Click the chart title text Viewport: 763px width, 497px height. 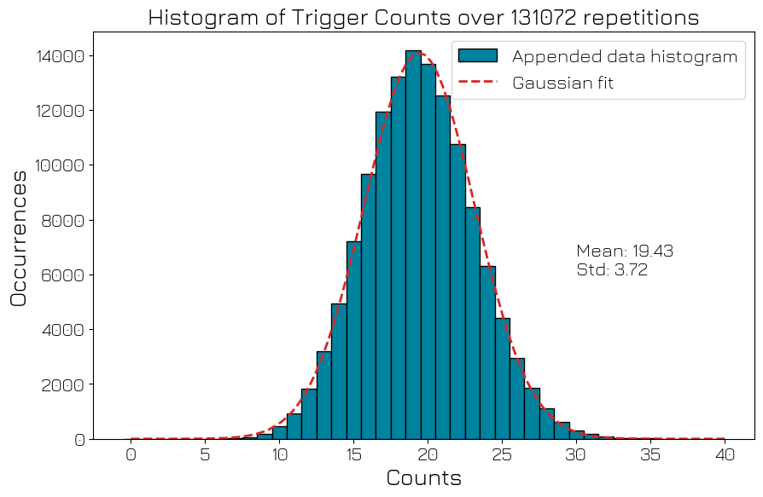pos(423,18)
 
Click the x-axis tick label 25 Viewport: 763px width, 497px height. pos(503,456)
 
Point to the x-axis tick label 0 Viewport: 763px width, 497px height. pos(131,456)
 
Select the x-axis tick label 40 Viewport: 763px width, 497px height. pos(725,456)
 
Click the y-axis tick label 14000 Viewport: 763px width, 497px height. pos(60,56)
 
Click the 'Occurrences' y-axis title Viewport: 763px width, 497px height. pos(19,238)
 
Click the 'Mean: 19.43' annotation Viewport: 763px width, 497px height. pos(625,251)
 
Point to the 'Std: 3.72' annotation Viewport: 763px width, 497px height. pos(612,270)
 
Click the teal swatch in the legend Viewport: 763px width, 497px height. pos(477,56)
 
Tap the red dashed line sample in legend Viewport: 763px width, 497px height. pos(477,83)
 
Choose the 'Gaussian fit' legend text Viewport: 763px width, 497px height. pos(562,83)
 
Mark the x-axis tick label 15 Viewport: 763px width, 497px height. pos(354,456)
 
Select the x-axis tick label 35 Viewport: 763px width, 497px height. pos(651,456)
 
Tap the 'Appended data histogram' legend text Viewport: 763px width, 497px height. pos(624,56)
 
